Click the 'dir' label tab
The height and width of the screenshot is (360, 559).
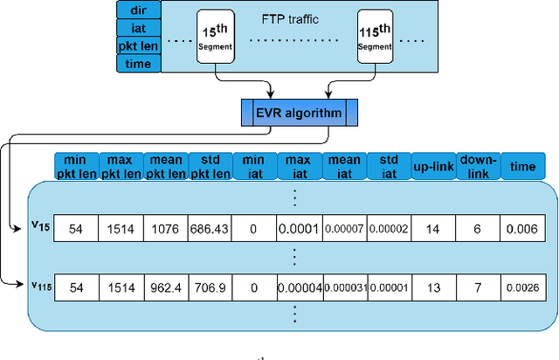[x=138, y=10]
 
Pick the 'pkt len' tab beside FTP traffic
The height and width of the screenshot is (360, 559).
[x=138, y=45]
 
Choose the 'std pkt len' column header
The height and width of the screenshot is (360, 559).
[x=210, y=165]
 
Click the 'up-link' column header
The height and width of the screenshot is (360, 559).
[x=433, y=165]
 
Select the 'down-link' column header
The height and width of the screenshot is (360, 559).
[x=478, y=165]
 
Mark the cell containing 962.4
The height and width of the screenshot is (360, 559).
[x=166, y=287]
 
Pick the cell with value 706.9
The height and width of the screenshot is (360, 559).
[x=210, y=287]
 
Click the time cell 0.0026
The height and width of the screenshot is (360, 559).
[x=522, y=287]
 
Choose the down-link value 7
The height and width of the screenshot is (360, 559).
[x=478, y=287]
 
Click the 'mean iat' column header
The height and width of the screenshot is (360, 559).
[x=344, y=165]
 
